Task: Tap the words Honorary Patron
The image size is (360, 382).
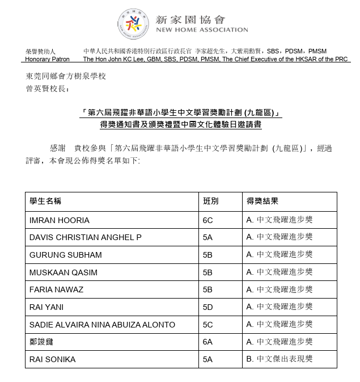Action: click(48, 59)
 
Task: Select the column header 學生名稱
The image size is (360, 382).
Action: click(46, 202)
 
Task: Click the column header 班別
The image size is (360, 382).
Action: click(210, 202)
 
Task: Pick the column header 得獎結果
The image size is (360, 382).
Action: click(262, 202)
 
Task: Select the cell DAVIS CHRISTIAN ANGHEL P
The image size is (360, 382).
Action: click(85, 237)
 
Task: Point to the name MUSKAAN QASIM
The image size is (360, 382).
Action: click(63, 272)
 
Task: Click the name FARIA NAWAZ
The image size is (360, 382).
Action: click(56, 289)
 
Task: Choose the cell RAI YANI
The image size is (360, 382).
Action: click(46, 307)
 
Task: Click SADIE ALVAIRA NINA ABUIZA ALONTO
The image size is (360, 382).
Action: click(102, 325)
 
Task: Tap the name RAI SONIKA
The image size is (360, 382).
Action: click(52, 359)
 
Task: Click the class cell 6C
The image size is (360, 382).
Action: click(208, 219)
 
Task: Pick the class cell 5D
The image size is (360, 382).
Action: click(208, 307)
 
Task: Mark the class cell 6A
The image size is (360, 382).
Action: click(208, 342)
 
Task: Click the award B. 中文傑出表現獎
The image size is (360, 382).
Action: click(279, 359)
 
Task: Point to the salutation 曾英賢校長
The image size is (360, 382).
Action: click(48, 89)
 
